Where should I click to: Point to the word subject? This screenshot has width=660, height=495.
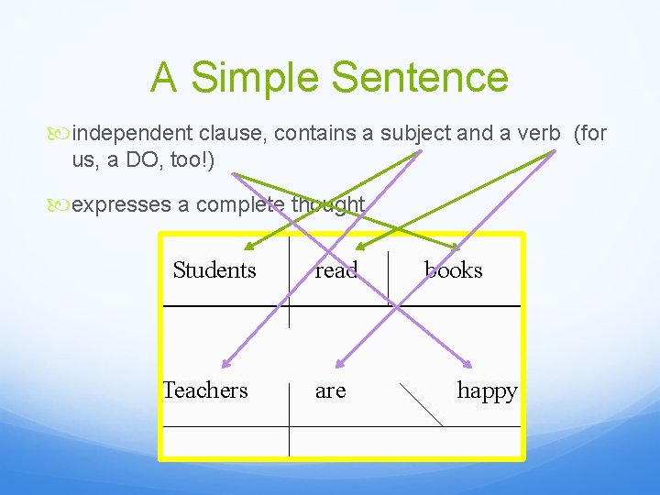tap(418, 134)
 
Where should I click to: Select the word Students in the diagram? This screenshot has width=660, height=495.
tap(214, 269)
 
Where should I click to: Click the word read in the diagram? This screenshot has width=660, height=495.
tap(335, 269)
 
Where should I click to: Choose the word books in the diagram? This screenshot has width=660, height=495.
tap(453, 269)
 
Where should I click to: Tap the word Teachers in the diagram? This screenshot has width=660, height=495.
tap(205, 390)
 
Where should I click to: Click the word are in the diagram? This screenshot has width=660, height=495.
tap(330, 390)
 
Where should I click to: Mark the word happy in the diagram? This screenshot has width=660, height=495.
tap(487, 390)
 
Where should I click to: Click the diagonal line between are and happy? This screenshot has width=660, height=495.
tap(422, 404)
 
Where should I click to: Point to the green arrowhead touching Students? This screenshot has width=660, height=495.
tap(248, 247)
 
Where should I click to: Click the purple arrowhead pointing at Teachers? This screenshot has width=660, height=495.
tap(226, 362)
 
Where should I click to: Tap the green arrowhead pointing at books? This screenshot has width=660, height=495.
tap(456, 246)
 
